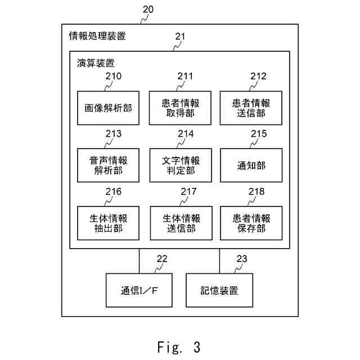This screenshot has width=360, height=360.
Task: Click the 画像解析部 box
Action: click(108, 108)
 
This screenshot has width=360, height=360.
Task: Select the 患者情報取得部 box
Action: click(180, 108)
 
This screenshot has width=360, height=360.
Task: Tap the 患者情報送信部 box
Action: click(251, 108)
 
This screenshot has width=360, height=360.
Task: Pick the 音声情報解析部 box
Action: click(108, 165)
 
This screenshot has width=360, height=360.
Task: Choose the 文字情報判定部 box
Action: click(181, 165)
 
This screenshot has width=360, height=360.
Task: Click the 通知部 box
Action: click(251, 165)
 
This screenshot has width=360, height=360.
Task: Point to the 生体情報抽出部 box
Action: click(108, 223)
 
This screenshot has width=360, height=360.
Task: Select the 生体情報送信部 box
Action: click(181, 223)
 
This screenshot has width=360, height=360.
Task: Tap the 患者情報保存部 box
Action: click(251, 223)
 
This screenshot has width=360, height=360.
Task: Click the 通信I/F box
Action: click(139, 290)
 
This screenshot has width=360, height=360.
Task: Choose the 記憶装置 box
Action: click(219, 290)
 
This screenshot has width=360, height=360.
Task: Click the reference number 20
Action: click(148, 10)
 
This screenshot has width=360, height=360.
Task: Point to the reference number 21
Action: click(180, 36)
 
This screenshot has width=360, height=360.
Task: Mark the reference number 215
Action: click(259, 134)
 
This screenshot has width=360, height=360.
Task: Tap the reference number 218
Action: click(256, 191)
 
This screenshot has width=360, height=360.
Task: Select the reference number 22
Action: click(162, 259)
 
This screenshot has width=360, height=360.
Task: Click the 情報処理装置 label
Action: click(97, 36)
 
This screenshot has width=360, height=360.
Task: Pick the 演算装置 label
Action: click(96, 63)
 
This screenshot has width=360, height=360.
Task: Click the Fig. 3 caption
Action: click(179, 346)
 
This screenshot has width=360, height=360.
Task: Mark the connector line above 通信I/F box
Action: click(139, 261)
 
